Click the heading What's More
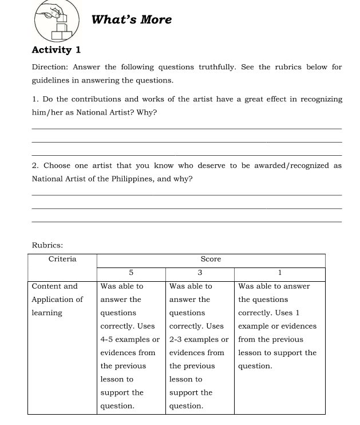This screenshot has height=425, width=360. tap(132, 19)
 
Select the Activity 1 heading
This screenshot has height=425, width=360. tap(56, 50)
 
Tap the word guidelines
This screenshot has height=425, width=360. tap(55, 80)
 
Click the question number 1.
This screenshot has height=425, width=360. tap(34, 99)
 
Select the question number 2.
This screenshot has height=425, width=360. tap(34, 166)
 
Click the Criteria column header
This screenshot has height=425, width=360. tap(62, 259)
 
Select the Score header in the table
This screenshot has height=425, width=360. tap(211, 259)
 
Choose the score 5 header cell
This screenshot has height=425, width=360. tap(131, 273)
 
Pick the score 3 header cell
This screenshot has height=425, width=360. tap(200, 273)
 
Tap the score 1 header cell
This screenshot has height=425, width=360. tap(280, 273)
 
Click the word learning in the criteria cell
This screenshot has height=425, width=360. tap(48, 313)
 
